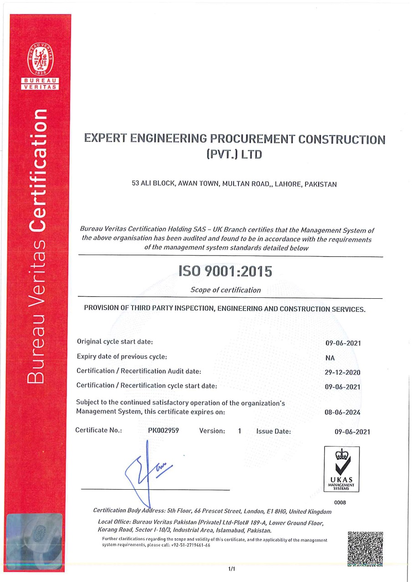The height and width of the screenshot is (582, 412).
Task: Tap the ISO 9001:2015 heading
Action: pos(226,271)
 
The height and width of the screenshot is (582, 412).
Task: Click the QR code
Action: pos(365,549)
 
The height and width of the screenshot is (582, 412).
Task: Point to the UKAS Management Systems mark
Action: pos(341,469)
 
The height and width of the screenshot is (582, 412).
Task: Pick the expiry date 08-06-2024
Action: pos(342,412)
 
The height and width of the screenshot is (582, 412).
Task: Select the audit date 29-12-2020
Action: pos(342,372)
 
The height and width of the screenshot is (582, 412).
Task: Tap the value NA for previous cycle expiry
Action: pos(330,358)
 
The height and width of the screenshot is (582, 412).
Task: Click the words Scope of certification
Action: pos(226,290)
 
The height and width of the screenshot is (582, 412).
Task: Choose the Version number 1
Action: pos(239,431)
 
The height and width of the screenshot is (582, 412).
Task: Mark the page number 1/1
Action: pos(231,569)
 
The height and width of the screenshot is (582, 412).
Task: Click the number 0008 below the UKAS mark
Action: pos(340,502)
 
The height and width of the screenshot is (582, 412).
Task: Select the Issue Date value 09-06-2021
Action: pos(352,432)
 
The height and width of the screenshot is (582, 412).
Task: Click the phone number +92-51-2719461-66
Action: pos(191,545)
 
